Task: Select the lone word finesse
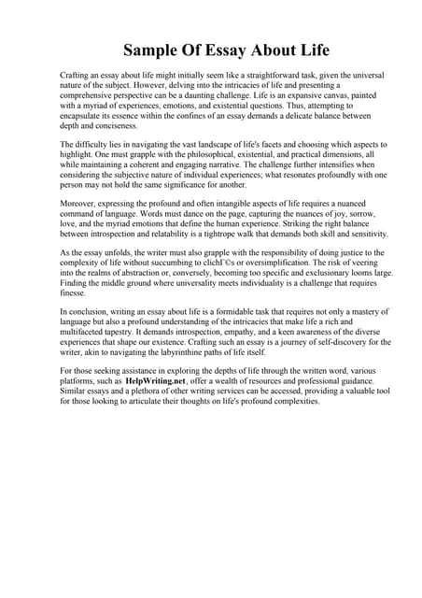[x=75, y=297]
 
